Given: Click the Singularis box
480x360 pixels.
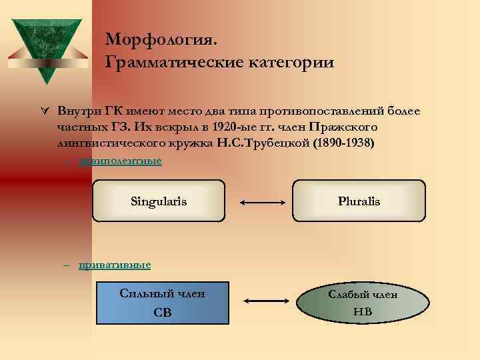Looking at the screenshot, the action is point(159,201).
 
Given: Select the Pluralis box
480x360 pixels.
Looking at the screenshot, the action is point(359,201).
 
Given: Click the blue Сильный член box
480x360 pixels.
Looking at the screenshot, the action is point(162,303).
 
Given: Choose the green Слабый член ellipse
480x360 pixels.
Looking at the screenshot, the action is point(363,303).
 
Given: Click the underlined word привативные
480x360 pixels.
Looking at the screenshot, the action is point(115,265).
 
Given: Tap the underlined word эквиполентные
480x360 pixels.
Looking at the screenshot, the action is point(120,161).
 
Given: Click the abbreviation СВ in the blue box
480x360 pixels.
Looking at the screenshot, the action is point(162,313).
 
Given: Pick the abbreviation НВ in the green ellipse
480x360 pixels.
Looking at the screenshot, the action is point(363,311).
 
